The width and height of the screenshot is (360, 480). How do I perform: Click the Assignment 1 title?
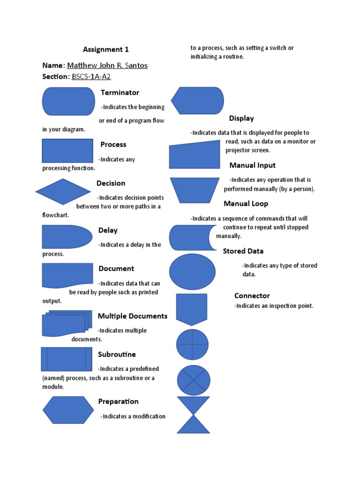click(105, 49)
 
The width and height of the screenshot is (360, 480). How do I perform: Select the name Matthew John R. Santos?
click(107, 65)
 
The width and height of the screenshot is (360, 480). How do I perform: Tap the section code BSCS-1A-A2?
click(91, 76)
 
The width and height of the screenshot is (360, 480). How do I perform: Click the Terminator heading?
click(120, 92)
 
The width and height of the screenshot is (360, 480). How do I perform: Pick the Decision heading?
click(111, 183)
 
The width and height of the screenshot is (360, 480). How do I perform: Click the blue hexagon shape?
click(68, 410)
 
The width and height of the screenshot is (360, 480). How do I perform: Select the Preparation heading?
click(118, 401)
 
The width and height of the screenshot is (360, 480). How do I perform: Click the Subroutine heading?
click(117, 354)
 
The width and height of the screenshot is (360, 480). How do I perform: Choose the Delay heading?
click(108, 230)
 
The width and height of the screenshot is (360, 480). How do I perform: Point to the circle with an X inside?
click(194, 380)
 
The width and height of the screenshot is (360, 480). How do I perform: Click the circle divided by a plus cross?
click(192, 345)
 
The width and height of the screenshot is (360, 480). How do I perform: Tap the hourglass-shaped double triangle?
click(193, 415)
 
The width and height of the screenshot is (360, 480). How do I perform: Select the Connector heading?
click(252, 295)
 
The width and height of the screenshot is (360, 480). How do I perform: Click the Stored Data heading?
click(243, 251)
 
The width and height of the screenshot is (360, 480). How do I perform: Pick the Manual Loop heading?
click(246, 203)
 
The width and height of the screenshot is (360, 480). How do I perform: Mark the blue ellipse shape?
click(192, 272)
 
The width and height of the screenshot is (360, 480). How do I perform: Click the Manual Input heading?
click(252, 165)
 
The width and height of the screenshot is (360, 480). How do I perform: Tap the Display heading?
click(241, 118)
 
